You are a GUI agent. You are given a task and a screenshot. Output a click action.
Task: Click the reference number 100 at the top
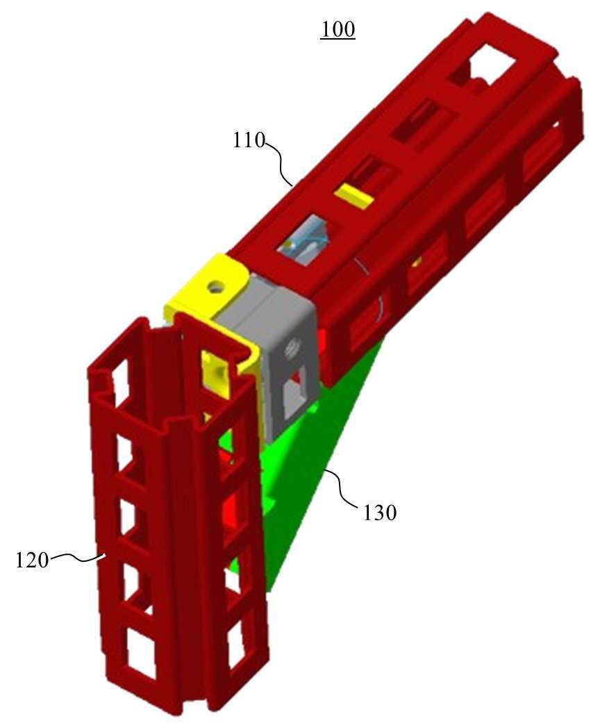(x=337, y=29)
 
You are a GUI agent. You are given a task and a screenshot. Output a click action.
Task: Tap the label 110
(x=249, y=140)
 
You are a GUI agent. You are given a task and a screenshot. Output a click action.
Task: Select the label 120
(x=32, y=560)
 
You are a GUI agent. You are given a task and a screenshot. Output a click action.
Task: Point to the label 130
(x=380, y=513)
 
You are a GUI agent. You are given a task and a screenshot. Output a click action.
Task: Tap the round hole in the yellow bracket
(x=215, y=288)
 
